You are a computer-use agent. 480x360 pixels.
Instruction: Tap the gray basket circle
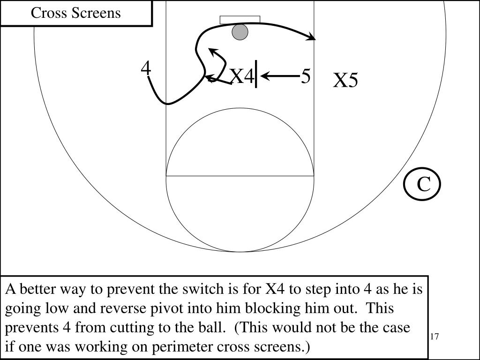(x=240, y=32)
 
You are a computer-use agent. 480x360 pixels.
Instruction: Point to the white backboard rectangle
(x=240, y=20)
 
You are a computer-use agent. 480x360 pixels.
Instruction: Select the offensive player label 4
(x=146, y=69)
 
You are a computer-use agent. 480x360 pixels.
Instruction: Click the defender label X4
(x=241, y=76)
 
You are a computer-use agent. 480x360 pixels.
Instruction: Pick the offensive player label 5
(x=306, y=76)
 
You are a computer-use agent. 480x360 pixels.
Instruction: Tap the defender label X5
(x=345, y=81)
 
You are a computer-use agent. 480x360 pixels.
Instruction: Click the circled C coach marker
(x=423, y=184)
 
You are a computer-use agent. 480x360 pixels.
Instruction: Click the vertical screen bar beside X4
(x=256, y=74)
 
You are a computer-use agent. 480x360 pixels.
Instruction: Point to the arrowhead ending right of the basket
(x=311, y=38)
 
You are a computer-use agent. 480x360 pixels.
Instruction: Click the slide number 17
(x=434, y=337)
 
